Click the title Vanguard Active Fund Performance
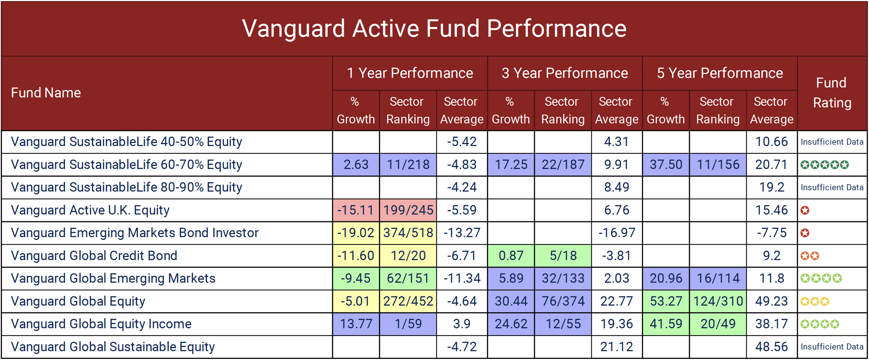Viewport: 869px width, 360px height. tap(434, 29)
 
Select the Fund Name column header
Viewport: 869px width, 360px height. tap(46, 93)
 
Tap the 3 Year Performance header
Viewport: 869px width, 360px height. tap(565, 73)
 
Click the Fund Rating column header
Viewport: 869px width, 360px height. tap(832, 93)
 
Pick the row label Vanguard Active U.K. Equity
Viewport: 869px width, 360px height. tap(90, 210)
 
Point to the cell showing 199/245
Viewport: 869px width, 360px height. tap(408, 210)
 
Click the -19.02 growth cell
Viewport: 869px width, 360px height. tap(356, 233)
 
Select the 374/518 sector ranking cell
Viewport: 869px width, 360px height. tap(408, 233)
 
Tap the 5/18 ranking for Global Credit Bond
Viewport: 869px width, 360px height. tap(563, 256)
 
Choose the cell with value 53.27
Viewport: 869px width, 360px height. tap(665, 301)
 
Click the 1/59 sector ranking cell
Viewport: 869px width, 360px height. tap(408, 324)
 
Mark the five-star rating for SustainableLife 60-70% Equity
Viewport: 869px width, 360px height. tap(824, 165)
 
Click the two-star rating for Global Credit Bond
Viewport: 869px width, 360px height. tap(810, 256)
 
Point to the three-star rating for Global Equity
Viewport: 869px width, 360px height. tap(815, 301)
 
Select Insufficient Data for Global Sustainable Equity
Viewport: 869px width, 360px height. tap(832, 347)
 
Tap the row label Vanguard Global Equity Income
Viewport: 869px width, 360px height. tap(101, 324)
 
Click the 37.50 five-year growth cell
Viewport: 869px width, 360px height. tap(665, 165)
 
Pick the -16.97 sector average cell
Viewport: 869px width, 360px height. tap(616, 233)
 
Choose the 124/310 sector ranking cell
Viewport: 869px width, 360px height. tap(718, 301)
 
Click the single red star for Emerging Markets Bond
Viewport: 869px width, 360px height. tap(805, 233)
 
